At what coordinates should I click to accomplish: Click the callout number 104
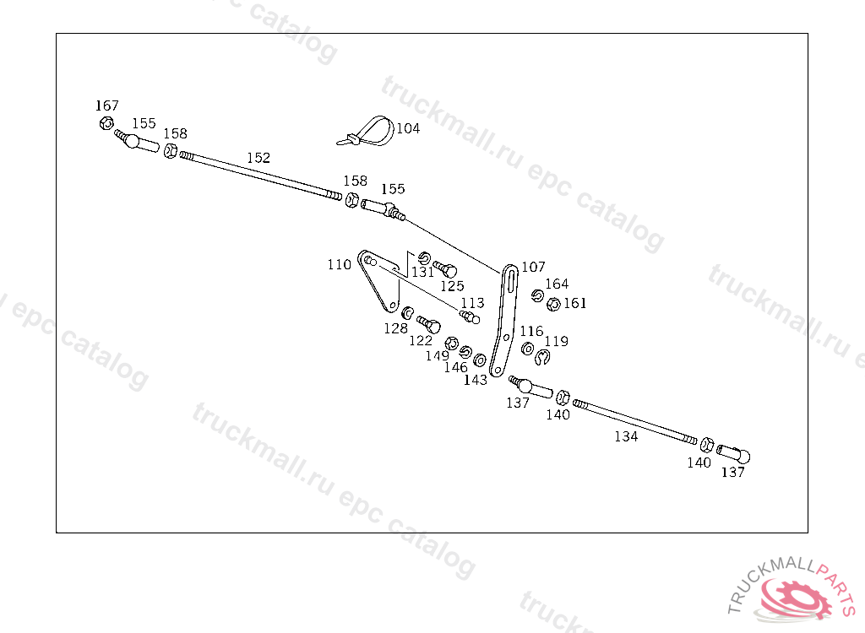[x=408, y=128]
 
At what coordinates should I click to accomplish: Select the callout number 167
[x=106, y=105]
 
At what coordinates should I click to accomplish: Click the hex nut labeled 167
[x=106, y=124]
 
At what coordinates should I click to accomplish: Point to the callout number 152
[x=258, y=158]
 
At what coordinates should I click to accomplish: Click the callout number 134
[x=626, y=436]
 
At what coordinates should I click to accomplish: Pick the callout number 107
[x=533, y=267]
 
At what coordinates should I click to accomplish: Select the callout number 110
[x=340, y=264]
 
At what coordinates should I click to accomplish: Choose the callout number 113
[x=472, y=303]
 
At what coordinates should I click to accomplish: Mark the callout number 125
[x=452, y=286]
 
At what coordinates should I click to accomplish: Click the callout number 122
[x=421, y=340]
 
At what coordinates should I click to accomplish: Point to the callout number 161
[x=575, y=303]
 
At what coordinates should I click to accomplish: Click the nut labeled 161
[x=554, y=304]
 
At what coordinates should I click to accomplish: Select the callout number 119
[x=557, y=341]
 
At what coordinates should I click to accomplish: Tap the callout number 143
[x=476, y=380]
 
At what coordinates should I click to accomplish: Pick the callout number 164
[x=557, y=284]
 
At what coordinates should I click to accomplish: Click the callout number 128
[x=395, y=328]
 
